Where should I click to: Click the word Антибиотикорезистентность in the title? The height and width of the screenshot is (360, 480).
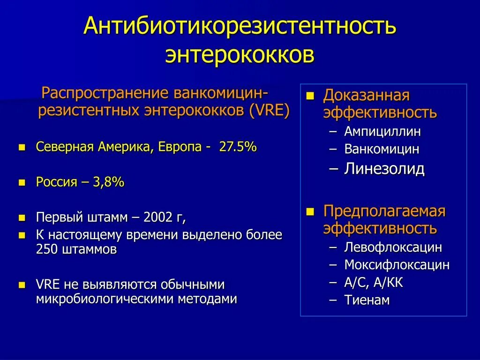[240, 27]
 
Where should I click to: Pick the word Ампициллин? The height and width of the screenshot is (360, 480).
[382, 132]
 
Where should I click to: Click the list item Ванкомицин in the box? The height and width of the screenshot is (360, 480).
[382, 150]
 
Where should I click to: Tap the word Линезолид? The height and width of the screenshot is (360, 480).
[384, 169]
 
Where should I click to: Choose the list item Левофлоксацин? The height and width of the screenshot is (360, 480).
[393, 247]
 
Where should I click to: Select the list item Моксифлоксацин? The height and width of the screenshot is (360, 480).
[397, 265]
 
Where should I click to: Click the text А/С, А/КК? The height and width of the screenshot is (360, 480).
[374, 283]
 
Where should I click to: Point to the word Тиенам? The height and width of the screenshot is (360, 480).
[367, 300]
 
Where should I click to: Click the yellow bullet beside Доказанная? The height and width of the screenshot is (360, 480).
[310, 95]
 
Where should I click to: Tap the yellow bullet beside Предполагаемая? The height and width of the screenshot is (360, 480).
[310, 211]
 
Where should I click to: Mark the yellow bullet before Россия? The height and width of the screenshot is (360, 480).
[21, 183]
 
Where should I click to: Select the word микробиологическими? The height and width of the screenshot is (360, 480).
[105, 299]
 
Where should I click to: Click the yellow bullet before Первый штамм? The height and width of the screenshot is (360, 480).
[21, 218]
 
